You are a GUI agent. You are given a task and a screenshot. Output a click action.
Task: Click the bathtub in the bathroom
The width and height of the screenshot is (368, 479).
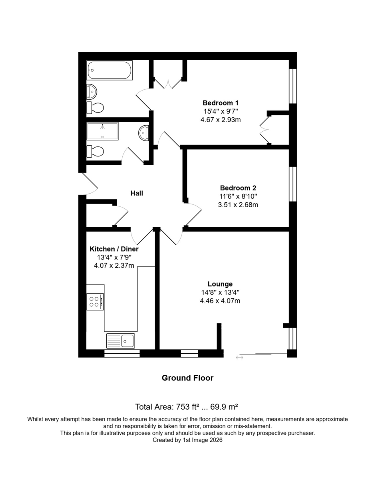point(109,70)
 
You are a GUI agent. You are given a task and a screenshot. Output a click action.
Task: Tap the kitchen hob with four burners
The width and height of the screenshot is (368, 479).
point(95,302)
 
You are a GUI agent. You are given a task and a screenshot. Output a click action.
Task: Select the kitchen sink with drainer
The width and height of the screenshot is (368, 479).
point(120,341)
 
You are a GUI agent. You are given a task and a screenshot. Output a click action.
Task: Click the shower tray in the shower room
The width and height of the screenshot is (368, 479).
point(103,131)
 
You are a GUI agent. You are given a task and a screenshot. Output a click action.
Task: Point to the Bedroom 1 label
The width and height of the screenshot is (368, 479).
point(221,103)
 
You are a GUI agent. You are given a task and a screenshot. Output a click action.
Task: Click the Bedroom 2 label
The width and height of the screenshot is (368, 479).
point(238,188)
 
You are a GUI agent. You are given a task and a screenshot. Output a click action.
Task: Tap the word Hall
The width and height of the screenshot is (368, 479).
point(137,193)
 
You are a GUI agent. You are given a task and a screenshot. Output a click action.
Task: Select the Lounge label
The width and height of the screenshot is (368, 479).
point(220,284)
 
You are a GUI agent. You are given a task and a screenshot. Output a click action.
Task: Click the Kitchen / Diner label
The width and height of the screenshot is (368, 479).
point(114,249)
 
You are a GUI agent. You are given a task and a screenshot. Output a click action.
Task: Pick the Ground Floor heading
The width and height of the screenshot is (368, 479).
point(187,378)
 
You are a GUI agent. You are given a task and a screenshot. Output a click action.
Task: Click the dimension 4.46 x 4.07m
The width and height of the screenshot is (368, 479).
point(220,301)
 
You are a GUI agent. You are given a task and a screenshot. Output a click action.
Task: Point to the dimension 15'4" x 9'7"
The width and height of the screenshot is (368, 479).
point(221,111)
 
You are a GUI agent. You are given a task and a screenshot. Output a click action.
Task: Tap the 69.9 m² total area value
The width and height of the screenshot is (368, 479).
point(224,407)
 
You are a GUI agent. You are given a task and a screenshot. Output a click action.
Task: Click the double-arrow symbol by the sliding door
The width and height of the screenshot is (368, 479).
point(239,357)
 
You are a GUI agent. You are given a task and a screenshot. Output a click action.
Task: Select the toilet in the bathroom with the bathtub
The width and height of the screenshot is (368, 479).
point(95,108)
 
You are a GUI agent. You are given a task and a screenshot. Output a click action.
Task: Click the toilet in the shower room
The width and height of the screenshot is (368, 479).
point(95,151)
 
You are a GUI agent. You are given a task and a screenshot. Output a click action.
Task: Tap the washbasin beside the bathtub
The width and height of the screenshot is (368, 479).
point(92,91)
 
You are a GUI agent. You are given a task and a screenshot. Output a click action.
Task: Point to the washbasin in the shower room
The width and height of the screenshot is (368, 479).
point(143,133)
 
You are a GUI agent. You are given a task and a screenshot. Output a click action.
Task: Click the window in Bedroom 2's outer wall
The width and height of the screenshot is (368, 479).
point(293,184)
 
